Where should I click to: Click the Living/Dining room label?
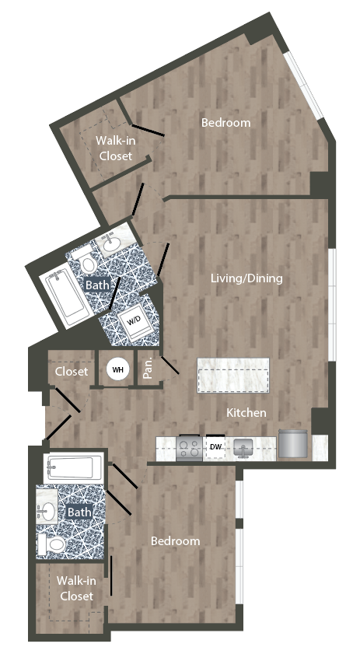(x=247, y=278)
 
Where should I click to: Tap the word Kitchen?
(x=246, y=412)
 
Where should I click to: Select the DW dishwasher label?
(x=216, y=446)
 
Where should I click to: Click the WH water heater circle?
(x=117, y=370)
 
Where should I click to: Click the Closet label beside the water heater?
(x=72, y=372)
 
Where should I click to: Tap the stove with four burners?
(x=190, y=447)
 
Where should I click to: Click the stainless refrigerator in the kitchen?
(x=293, y=443)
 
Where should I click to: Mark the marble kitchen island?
(x=232, y=376)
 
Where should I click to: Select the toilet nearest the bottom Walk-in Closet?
(x=54, y=544)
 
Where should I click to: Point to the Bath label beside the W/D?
(x=97, y=285)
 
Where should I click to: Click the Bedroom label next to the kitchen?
(x=175, y=540)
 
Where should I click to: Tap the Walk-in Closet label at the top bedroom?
(x=114, y=148)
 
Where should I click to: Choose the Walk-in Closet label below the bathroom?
(x=75, y=589)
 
